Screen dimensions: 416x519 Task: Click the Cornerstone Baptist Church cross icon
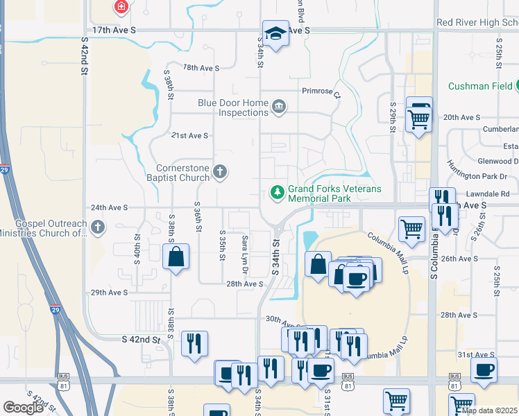point(220,172)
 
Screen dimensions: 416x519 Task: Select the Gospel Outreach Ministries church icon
point(99,227)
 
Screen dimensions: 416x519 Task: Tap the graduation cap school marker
point(275,33)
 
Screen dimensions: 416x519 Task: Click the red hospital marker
point(122,7)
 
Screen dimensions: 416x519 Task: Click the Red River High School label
point(477,23)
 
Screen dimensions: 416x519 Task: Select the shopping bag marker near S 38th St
point(176,257)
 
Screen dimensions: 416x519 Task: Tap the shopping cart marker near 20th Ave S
point(419,119)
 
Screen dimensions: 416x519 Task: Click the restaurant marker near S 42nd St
point(194,343)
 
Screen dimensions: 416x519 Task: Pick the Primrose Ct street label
point(321,91)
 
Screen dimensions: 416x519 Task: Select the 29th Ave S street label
point(110,293)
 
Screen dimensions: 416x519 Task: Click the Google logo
point(23,408)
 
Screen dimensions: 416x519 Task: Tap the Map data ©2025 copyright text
point(489,410)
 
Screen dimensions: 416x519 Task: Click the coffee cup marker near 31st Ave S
point(484,369)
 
